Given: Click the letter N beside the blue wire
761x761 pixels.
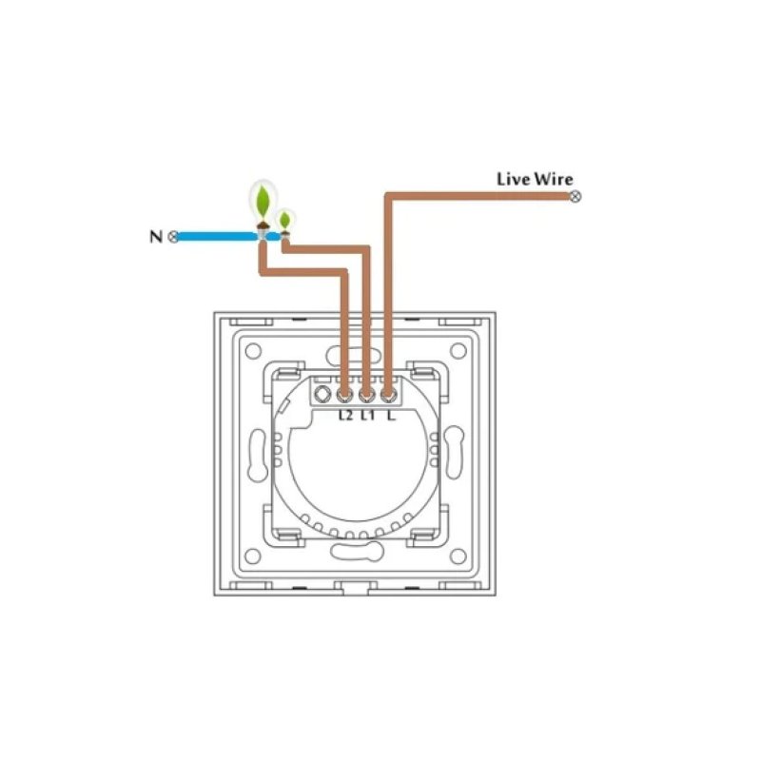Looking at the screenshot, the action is click(156, 237).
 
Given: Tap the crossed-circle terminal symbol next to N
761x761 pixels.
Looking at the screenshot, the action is click(173, 237).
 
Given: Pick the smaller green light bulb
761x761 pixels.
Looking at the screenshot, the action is click(284, 221).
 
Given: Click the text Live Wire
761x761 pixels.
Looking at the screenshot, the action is click(535, 179).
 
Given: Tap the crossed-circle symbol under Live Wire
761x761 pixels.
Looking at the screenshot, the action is click(576, 197).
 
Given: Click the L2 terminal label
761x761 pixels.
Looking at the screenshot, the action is click(345, 416).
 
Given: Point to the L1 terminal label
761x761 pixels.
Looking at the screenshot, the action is click(368, 416).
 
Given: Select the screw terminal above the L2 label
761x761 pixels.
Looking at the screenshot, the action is click(344, 395).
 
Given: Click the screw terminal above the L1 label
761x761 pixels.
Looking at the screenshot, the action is click(367, 395).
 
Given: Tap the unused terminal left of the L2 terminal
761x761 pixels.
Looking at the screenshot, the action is click(322, 394).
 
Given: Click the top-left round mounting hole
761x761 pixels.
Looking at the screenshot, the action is click(253, 350).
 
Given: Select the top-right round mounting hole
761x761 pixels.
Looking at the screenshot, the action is click(459, 350).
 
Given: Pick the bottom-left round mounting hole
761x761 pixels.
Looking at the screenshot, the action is click(253, 556).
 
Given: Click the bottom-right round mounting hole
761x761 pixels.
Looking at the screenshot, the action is click(459, 556).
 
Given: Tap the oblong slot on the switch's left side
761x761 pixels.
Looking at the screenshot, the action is click(258, 455).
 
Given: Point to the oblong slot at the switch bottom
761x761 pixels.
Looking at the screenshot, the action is click(357, 552).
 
